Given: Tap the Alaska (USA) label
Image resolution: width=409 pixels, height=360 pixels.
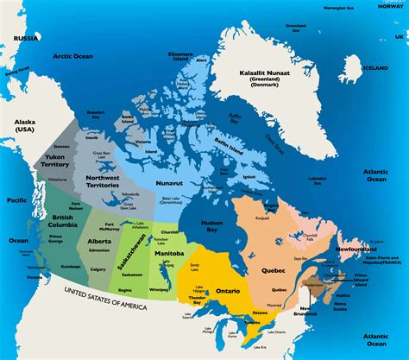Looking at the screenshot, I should click(x=24, y=128).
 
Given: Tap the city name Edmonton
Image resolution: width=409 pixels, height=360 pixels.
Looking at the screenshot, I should click(x=99, y=249).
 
